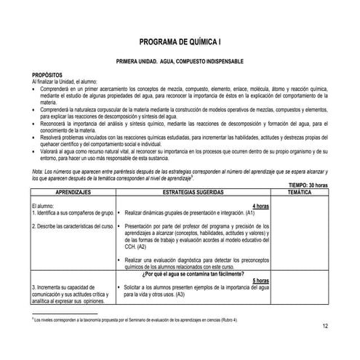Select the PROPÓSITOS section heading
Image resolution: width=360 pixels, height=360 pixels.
point(46,75)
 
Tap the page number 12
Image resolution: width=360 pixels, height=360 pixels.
point(324,327)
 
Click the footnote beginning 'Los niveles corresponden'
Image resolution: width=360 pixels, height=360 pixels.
point(138,320)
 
